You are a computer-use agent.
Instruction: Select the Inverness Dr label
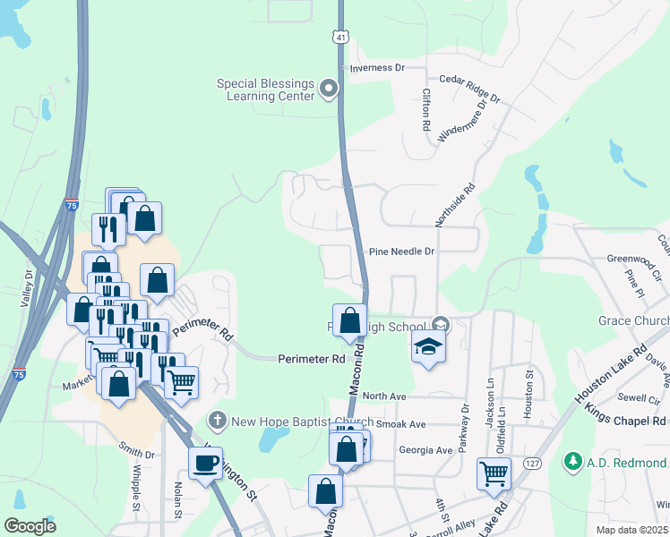click(x=377, y=68)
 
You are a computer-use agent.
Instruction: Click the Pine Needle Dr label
click(x=401, y=252)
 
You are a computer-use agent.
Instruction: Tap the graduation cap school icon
click(x=429, y=348)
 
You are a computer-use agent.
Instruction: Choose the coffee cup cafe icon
click(x=206, y=463)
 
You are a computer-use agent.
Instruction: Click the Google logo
click(x=30, y=525)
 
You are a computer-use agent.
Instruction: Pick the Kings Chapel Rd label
click(x=626, y=420)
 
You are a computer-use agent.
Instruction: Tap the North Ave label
click(x=384, y=396)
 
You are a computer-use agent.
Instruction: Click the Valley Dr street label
click(x=26, y=287)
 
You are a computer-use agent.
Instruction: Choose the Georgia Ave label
click(x=425, y=451)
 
